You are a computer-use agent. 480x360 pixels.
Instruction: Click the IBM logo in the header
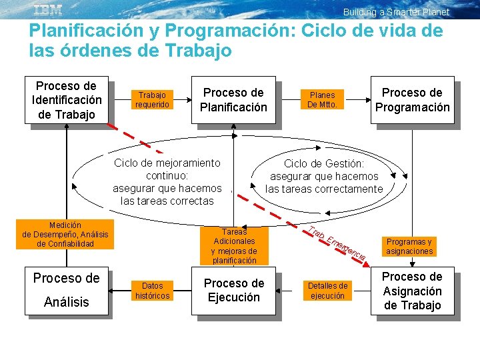coord(48,9)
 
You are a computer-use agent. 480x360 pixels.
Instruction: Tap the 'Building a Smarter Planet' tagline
coord(396,12)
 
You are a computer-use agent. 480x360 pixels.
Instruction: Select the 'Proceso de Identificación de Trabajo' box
coord(66,100)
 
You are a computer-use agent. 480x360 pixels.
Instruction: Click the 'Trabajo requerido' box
coord(152,99)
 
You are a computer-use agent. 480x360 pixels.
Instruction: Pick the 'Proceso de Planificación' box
coord(233,100)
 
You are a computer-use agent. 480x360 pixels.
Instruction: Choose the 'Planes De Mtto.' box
coord(322,99)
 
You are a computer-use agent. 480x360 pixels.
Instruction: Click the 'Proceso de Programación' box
coord(412,100)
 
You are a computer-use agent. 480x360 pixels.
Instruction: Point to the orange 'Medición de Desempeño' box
coord(65,235)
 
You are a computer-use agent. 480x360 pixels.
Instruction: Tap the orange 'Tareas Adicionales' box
coord(234,246)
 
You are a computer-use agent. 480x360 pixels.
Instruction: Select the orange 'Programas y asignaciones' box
coord(409,247)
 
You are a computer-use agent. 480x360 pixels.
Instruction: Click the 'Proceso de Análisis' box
coord(66,290)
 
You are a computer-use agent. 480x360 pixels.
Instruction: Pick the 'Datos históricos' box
coord(152,290)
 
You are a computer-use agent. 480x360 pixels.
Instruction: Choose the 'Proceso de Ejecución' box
coord(234,290)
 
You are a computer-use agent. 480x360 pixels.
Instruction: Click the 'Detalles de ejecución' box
coord(327,290)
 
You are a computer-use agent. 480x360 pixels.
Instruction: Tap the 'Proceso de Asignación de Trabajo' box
coord(412,291)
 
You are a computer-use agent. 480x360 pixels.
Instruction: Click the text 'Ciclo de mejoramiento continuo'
coord(167,169)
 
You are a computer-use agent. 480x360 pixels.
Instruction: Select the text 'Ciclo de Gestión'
coord(324,163)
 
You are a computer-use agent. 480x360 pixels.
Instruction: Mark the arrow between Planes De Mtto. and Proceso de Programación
coord(356,99)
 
